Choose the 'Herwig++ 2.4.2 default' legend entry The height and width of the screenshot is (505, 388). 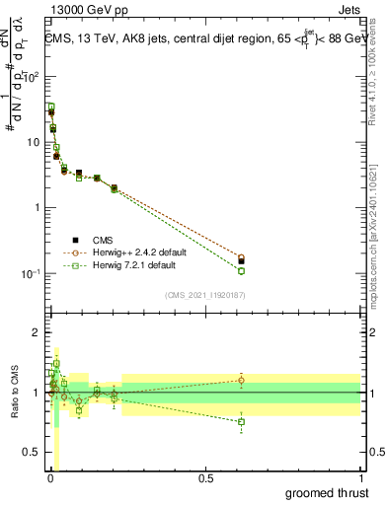pyautogui.click(x=126, y=252)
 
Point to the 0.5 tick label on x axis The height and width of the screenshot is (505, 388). pyautogui.click(x=205, y=477)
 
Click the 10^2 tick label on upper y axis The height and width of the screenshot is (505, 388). pyautogui.click(x=30, y=77)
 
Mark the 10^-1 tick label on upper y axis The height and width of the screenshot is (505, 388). pyautogui.click(x=30, y=273)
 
